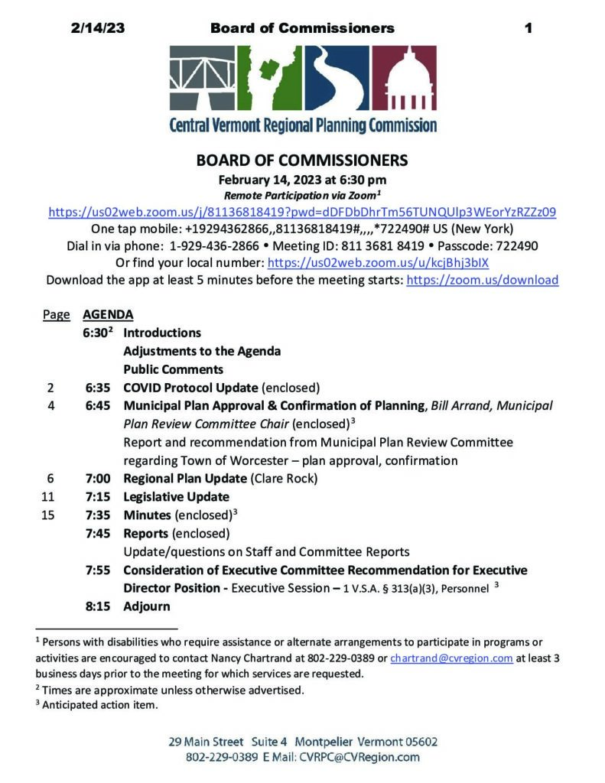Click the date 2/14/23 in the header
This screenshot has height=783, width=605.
point(96,29)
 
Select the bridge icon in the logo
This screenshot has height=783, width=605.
point(200,78)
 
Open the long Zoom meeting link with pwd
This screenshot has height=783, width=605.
point(302,212)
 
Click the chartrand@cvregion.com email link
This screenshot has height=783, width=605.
point(451,658)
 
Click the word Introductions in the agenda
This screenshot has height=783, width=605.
point(162,333)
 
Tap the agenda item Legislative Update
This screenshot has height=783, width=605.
point(176,497)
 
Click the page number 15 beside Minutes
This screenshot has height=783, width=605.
point(48,515)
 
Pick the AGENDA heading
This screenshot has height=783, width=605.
point(108,314)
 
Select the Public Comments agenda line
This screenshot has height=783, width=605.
point(173,369)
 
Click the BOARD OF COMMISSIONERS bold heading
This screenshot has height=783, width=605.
point(302,161)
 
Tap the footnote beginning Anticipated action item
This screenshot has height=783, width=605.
point(99,705)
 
